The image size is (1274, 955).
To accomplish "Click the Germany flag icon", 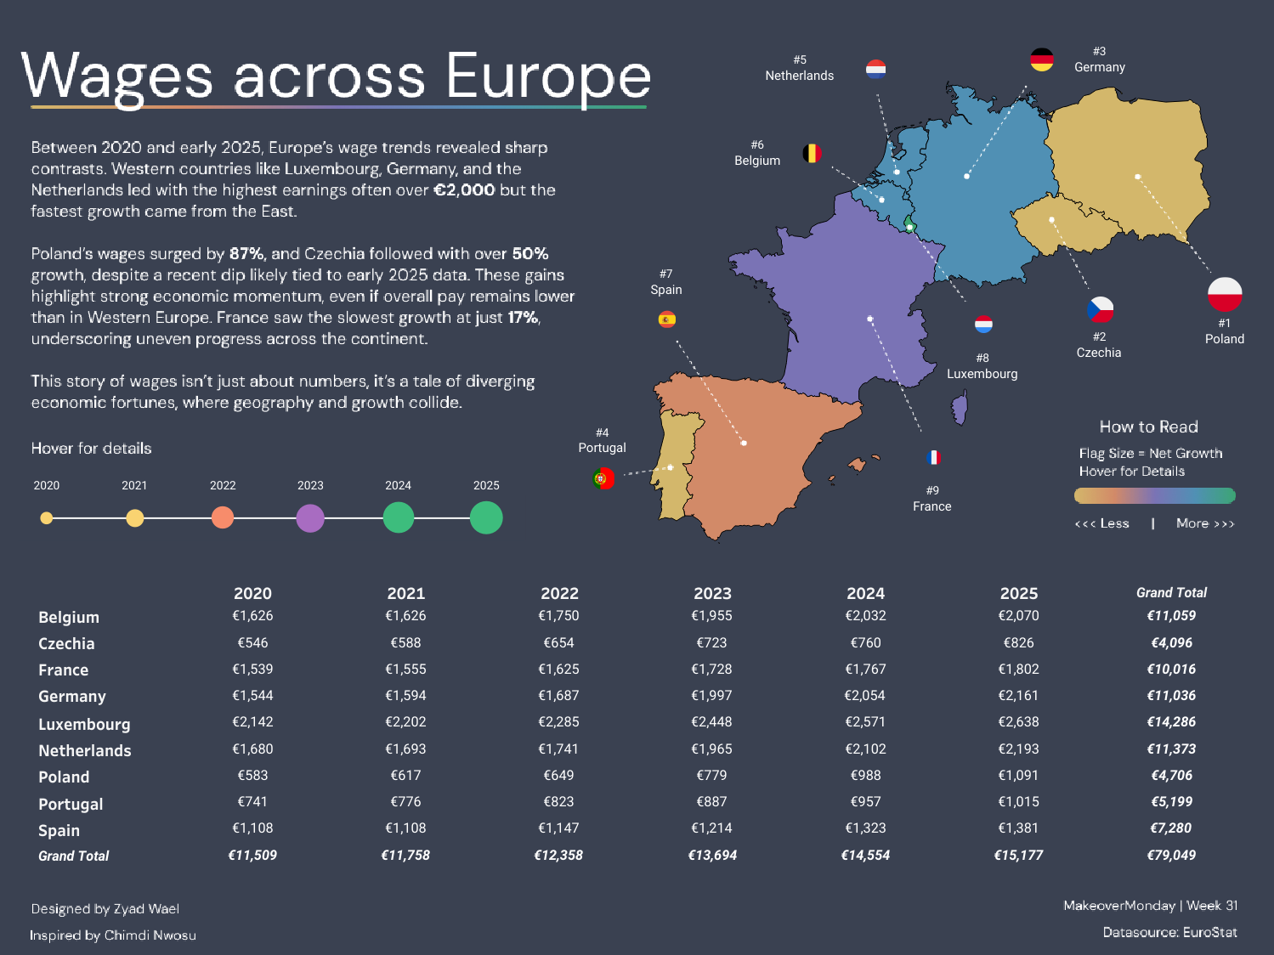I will coord(1041,59).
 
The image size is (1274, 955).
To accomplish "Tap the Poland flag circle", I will coord(1225,295).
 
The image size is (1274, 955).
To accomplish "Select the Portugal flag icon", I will coord(603,478).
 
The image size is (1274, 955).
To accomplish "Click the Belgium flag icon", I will coord(813,154).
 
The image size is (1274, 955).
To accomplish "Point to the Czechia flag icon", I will coord(1100,309).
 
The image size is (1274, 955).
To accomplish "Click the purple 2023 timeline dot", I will coord(310,517).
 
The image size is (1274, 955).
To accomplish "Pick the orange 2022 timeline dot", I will coord(223,517).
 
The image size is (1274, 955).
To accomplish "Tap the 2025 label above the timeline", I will coord(486,486).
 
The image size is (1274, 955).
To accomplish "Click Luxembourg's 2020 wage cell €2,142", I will coord(252,722).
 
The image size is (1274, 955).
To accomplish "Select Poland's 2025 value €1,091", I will coord(1018,776).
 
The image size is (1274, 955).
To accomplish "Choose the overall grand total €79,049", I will coord(1171,856).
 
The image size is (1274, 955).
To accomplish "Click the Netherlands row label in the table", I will coord(85,751).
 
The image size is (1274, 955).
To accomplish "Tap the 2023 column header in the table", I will coord(712,593).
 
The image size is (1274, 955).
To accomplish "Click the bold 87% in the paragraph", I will coord(246,254).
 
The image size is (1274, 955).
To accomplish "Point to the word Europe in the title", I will coord(548,76).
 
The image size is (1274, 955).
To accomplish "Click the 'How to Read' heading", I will coord(1148,427).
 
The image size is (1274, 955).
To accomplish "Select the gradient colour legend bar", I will coord(1154,495).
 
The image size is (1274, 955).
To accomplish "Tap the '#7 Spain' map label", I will coord(666,282).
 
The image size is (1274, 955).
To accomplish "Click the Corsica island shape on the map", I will coord(960,408).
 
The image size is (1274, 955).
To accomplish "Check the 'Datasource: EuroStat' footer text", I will coord(1169,932).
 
